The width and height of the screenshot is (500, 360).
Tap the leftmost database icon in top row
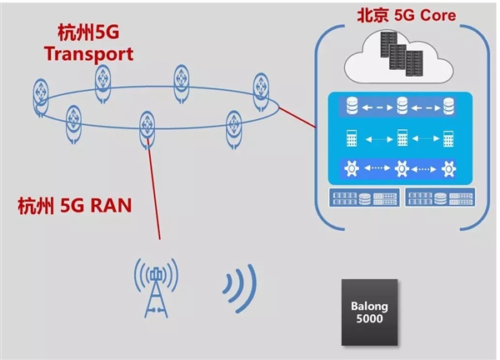point(350,107)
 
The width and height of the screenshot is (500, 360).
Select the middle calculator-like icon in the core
point(402,137)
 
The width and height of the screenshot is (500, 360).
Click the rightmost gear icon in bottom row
point(448,169)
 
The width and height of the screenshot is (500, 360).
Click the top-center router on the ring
point(182,77)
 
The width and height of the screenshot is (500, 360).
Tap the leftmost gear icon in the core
point(351,169)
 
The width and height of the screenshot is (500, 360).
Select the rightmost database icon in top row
point(448,107)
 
